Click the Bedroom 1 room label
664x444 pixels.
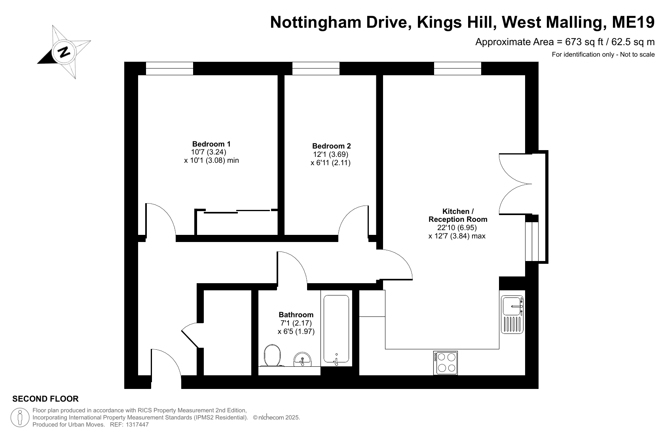point(211,144)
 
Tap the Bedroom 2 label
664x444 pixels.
point(332,146)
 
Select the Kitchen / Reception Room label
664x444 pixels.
point(458,215)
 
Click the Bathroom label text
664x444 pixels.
point(296,314)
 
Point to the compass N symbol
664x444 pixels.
point(64,52)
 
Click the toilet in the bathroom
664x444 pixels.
point(272,355)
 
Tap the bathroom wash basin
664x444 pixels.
point(302,359)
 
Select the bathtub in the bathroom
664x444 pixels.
point(336,329)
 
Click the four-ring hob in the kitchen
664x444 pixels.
point(446,363)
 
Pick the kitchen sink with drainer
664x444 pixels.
point(512,314)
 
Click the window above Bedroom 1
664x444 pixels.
point(169,69)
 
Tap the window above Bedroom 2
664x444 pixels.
point(316,69)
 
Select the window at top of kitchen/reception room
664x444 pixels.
point(458,69)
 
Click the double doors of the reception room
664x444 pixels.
point(516,184)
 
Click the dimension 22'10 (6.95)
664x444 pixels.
point(457,228)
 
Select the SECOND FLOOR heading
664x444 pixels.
point(46,399)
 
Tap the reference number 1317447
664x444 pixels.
point(137,425)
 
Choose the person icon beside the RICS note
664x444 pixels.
point(20,417)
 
